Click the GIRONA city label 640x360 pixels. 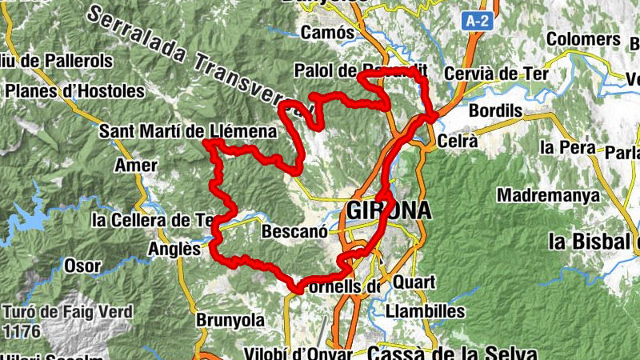389,210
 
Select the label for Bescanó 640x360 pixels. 295,233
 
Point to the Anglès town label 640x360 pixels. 173,249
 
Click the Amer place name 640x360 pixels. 131,165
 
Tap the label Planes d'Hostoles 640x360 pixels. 74,91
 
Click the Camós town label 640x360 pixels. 328,33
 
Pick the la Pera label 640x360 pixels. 566,147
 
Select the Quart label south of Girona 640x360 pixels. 414,282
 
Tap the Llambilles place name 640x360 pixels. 425,310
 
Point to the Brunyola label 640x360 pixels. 230,320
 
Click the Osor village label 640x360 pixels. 82,266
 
